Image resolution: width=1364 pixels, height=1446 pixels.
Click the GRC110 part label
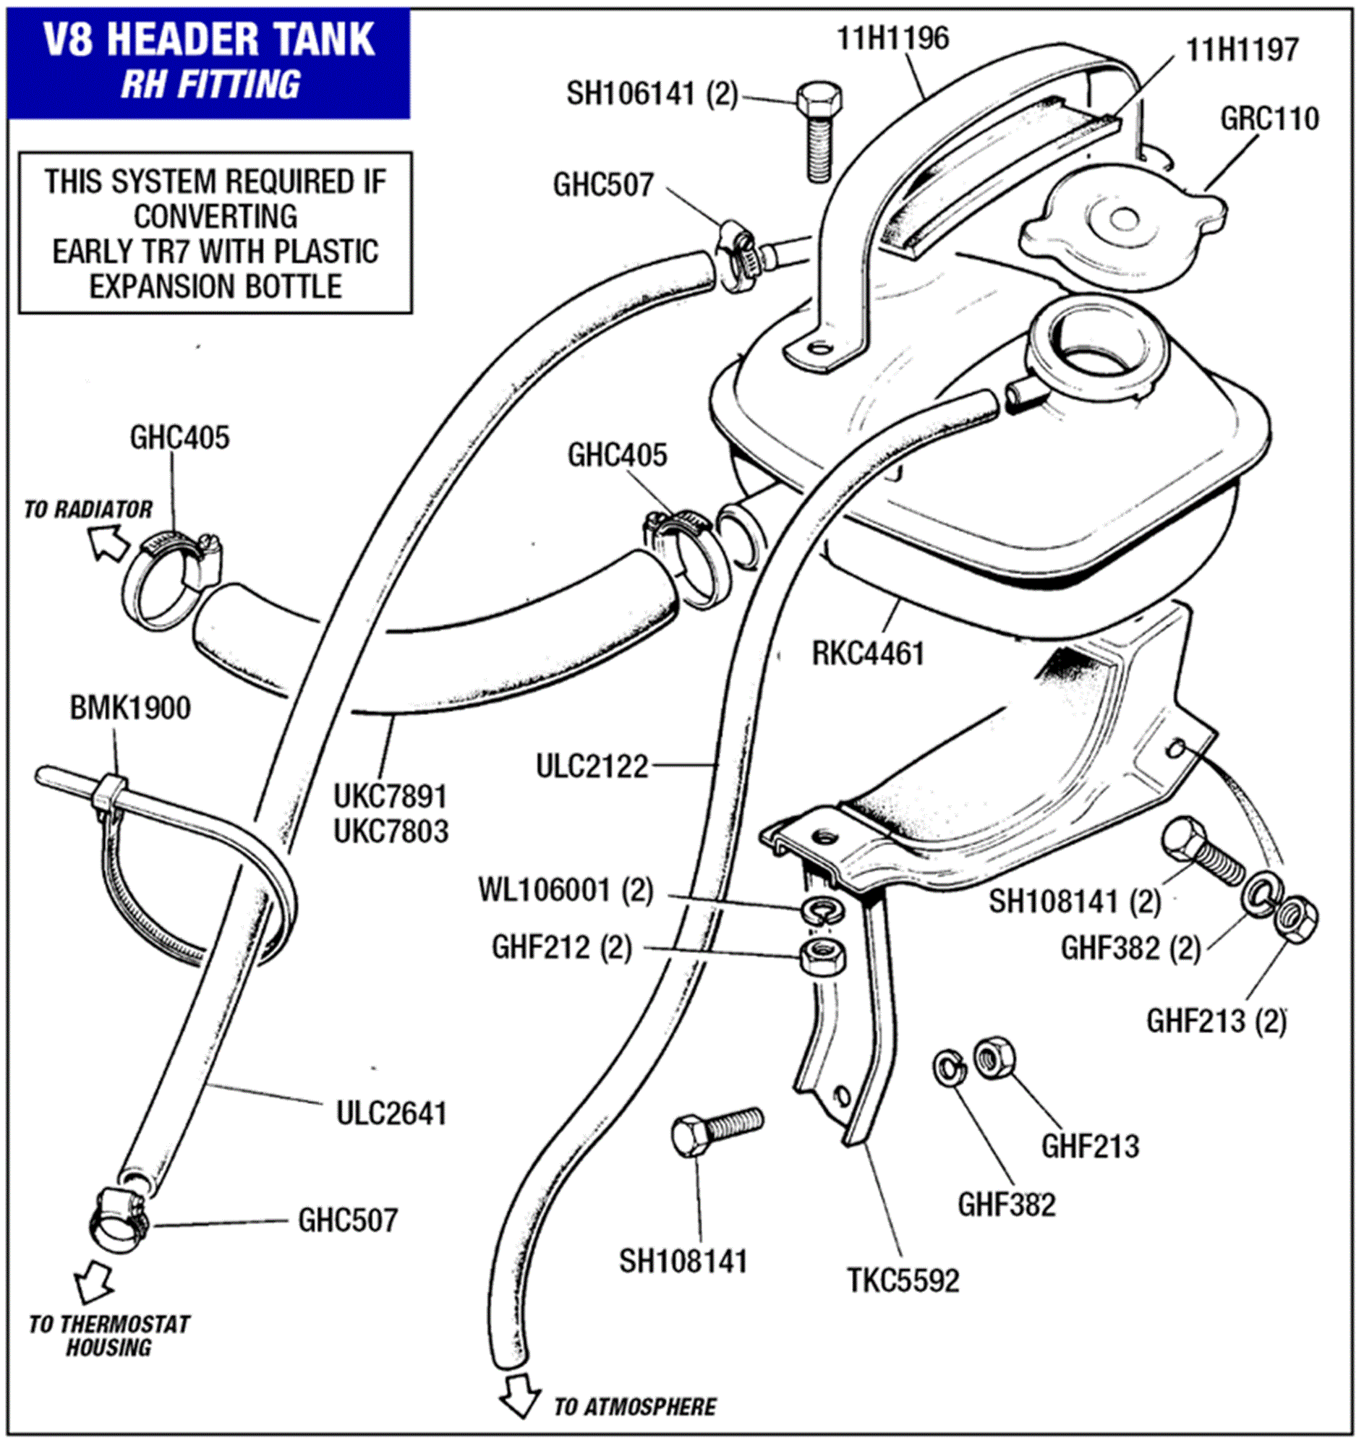[1269, 119]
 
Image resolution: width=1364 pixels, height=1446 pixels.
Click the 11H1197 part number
[1242, 50]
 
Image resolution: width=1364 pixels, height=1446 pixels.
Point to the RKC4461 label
[868, 654]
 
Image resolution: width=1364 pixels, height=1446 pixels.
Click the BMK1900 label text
[130, 708]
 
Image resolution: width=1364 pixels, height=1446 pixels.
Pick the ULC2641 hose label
[391, 1113]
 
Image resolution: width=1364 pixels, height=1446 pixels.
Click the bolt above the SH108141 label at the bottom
[715, 1132]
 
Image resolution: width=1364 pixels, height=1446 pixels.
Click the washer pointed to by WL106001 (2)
[820, 910]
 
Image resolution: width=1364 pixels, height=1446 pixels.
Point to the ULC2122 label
[592, 766]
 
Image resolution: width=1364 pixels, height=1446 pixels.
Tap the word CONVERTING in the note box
[216, 216]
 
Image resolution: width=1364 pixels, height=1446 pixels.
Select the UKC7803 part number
[391, 831]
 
